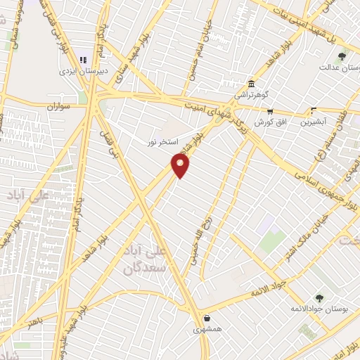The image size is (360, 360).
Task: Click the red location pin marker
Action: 181,165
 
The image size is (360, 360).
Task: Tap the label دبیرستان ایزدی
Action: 76,72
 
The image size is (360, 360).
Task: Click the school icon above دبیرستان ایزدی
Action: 83,60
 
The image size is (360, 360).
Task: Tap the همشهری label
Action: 207,328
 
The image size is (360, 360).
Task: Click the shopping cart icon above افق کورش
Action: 269,111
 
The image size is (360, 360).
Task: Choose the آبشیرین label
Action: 314,122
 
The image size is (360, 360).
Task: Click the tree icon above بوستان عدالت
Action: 342,56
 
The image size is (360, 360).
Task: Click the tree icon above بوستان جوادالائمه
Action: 319,298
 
